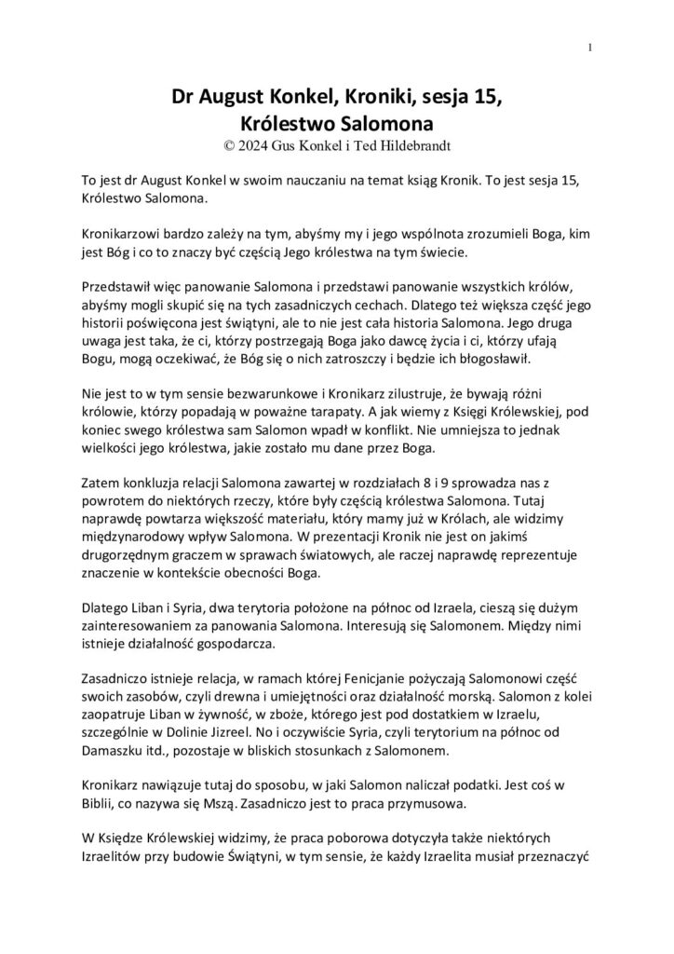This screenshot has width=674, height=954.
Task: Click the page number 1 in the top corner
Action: [x=591, y=48]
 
